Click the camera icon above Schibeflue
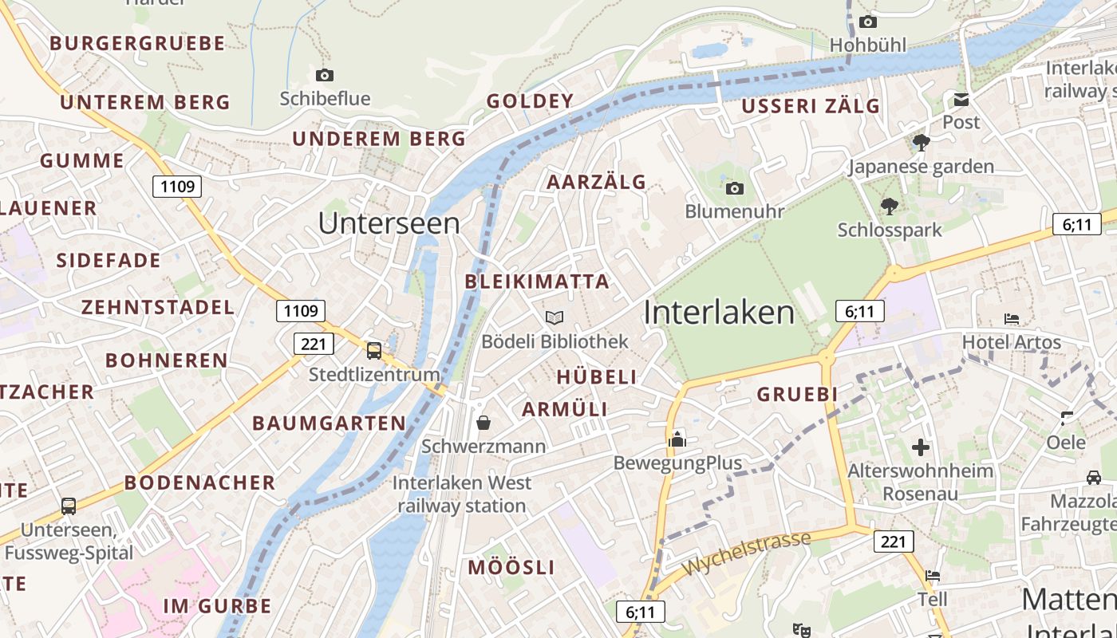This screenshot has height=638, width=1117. [324, 75]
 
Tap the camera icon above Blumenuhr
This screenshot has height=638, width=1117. [734, 188]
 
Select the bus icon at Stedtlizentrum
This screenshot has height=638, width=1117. [373, 350]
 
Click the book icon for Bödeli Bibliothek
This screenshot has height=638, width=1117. [555, 317]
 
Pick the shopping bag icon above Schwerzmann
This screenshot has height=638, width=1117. [484, 422]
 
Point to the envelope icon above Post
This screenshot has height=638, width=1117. [961, 100]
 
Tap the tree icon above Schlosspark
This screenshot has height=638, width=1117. [889, 207]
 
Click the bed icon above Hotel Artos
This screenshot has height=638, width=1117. [1012, 319]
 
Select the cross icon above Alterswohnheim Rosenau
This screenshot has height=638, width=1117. [921, 447]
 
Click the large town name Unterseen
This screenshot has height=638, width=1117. [389, 223]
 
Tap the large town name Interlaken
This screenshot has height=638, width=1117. [719, 313]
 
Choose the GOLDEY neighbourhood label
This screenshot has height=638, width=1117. [530, 101]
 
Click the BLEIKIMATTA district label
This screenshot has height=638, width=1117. [537, 282]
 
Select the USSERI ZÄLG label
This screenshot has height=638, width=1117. [811, 106]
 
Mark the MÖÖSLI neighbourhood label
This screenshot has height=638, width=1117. [511, 568]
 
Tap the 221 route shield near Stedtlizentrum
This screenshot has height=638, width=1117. [314, 344]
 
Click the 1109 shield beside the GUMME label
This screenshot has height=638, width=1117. [177, 187]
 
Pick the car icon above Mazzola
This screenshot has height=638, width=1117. [1093, 478]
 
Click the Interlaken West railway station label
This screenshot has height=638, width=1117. [462, 494]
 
